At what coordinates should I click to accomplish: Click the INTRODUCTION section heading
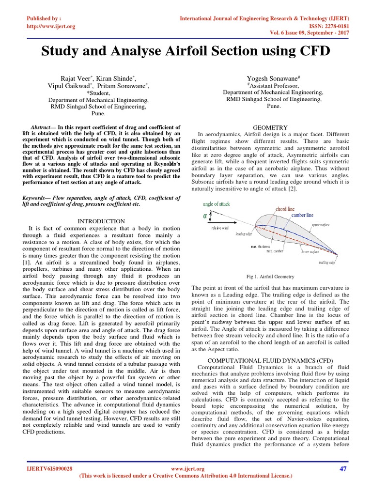pos(101,221)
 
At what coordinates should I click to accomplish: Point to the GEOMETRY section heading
pos(274,127)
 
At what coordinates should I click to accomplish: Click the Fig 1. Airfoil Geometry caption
pos(270,277)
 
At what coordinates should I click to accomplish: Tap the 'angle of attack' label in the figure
pos(217,204)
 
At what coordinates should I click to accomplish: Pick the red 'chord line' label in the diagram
pos(285,209)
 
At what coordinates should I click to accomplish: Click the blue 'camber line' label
pos(302,215)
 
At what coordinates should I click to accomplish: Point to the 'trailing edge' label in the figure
pos(327,263)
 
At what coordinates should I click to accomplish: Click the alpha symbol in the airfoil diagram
pos(205,216)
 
